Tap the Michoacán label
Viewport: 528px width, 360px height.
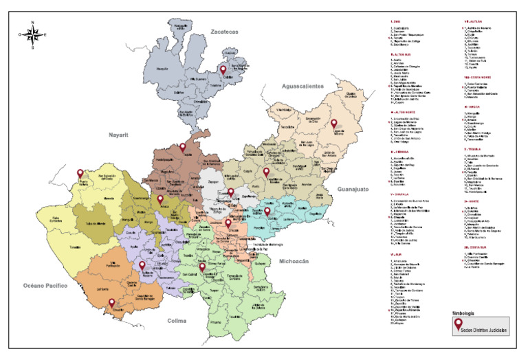pos(298,262)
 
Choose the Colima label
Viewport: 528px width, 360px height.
pos(177,320)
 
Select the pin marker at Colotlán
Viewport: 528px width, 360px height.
pos(222,69)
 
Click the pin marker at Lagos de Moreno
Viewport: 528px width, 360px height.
pos(334,124)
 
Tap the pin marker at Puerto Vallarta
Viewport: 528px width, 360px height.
pos(80,173)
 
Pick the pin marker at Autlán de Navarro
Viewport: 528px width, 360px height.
pos(142,265)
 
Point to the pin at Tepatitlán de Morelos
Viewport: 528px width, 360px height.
pos(266,172)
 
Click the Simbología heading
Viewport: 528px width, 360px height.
pos(463,313)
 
